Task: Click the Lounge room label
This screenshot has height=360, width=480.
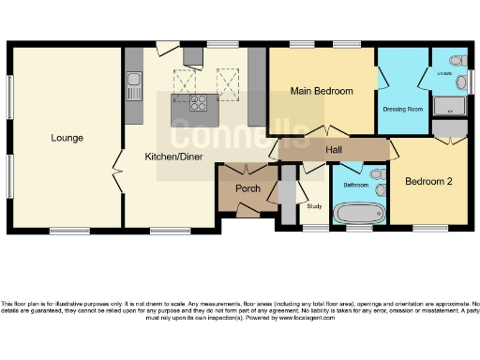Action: click(67, 138)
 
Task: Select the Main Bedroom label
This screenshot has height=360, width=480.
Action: click(322, 91)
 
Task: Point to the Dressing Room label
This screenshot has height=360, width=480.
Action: click(403, 109)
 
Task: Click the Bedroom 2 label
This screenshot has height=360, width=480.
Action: click(429, 181)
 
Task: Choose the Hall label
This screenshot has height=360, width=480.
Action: click(333, 150)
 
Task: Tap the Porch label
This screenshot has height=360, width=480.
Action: click(247, 188)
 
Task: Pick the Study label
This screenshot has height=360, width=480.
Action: click(315, 206)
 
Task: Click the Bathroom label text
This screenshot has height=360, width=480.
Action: click(355, 186)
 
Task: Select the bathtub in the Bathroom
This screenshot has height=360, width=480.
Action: click(353, 215)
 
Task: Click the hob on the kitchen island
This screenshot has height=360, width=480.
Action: click(198, 104)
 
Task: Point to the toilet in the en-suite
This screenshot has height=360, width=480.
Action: click(457, 61)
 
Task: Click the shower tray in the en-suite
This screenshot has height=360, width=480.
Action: click(448, 107)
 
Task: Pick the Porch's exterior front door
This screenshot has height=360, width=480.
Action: click(247, 212)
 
